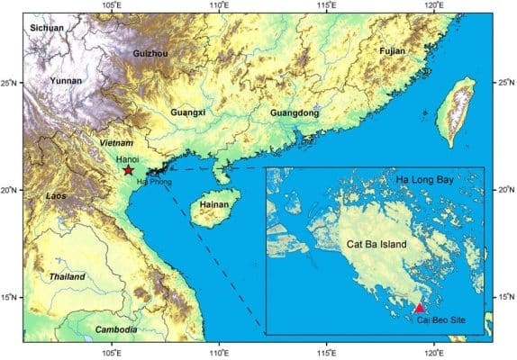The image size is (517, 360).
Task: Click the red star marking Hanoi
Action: click(x=128, y=170)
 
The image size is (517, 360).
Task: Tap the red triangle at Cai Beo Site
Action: click(x=419, y=308)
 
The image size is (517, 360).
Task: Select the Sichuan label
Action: click(x=48, y=29)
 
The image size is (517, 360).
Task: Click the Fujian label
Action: click(x=393, y=51)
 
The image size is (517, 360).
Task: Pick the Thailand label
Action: click(x=68, y=276)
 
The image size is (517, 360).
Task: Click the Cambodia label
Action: click(x=116, y=330)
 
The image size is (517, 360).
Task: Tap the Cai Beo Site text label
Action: click(x=440, y=320)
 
